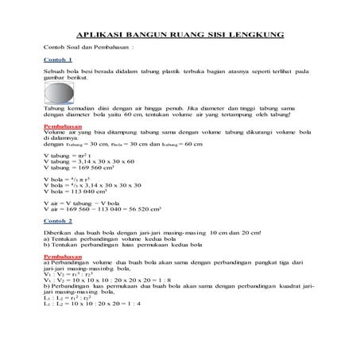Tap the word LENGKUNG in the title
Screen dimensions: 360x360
pyautogui.click(x=260, y=36)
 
